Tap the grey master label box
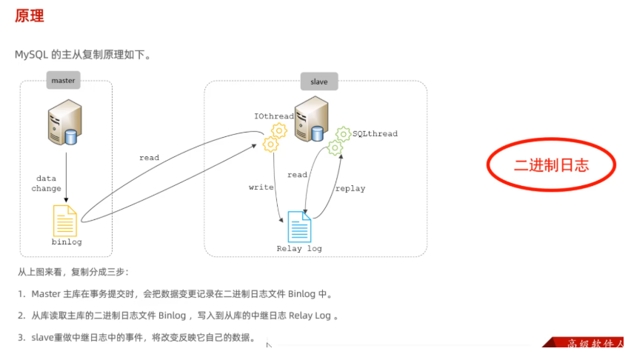64,80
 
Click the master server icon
64,123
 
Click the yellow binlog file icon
65,221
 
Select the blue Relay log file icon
299,226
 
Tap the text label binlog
66,242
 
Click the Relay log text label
299,248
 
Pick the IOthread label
274,116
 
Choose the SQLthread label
375,134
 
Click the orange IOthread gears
275,137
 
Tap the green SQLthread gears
339,141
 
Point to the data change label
47,184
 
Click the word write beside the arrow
261,187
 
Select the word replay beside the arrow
350,188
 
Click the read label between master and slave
149,158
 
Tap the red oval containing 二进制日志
551,166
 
